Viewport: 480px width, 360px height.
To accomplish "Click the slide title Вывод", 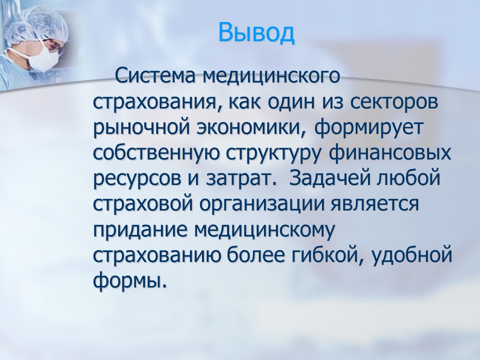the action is (x=256, y=32).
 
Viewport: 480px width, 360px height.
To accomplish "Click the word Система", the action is (x=155, y=76).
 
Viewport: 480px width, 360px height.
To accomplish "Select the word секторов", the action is (x=393, y=102).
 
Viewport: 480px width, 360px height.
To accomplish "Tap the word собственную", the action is (x=156, y=153).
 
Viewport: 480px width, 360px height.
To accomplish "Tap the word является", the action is (x=374, y=204).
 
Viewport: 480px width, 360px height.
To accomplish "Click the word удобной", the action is (x=411, y=256).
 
